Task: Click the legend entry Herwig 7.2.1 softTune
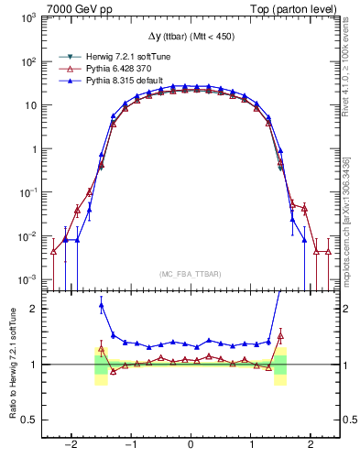coord(117,56)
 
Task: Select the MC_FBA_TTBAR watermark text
coord(191,273)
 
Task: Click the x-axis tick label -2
coord(70,446)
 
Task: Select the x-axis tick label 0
coord(191,446)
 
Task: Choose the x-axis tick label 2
coord(311,446)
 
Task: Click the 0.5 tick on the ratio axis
coord(27,420)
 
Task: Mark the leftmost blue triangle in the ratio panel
coord(101,306)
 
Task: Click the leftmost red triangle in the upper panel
coord(53,250)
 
